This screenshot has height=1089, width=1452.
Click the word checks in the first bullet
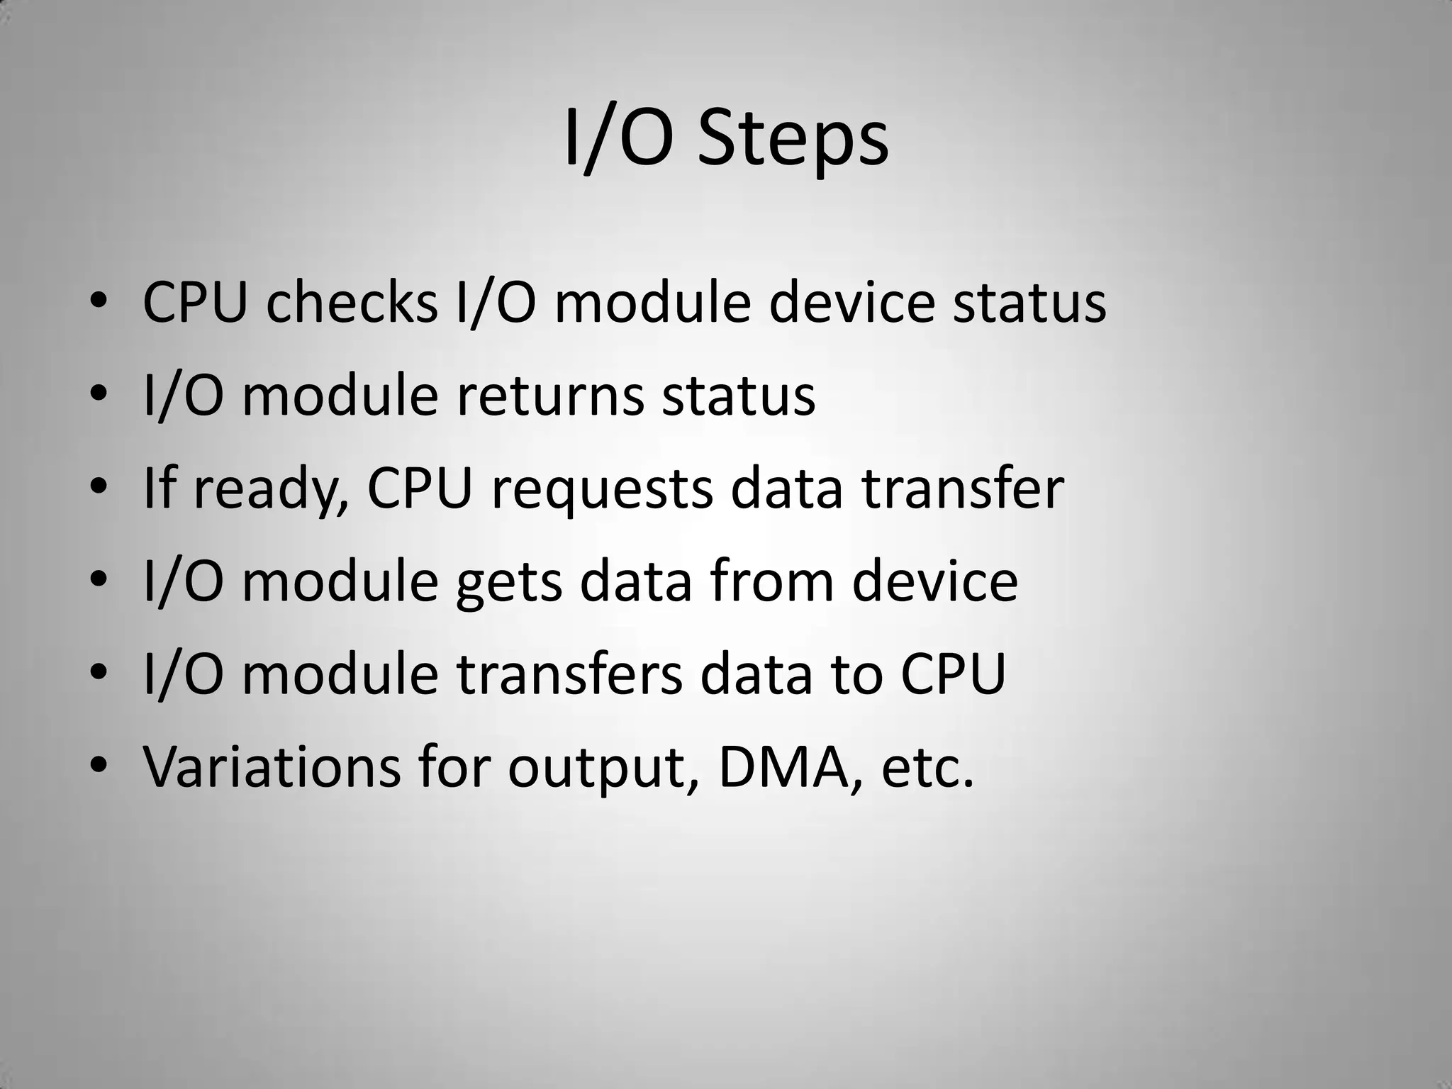[x=351, y=303]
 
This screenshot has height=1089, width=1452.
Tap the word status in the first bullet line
[x=1029, y=303]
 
